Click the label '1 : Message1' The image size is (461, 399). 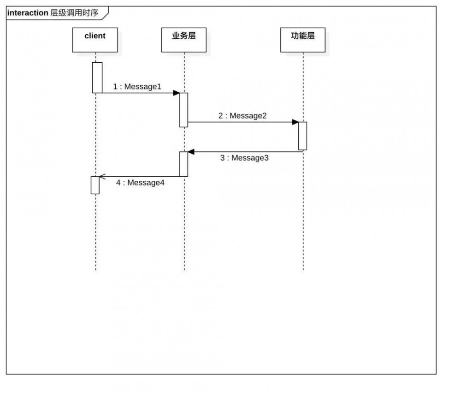(x=137, y=86)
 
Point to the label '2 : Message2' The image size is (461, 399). (x=242, y=115)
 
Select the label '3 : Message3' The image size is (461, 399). (x=244, y=158)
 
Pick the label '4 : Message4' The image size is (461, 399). (x=140, y=183)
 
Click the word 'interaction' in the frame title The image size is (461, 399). (x=28, y=13)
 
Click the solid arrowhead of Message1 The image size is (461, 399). (x=176, y=93)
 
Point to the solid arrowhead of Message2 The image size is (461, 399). (x=295, y=122)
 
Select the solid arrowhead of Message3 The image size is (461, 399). (x=191, y=152)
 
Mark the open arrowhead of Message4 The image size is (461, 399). (x=102, y=176)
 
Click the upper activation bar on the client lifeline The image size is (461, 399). (x=97, y=77)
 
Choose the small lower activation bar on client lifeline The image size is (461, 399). (x=95, y=185)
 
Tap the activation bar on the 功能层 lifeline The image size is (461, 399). (x=302, y=136)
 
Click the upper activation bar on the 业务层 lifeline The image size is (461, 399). (x=183, y=110)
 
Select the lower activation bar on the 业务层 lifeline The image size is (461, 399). (x=183, y=164)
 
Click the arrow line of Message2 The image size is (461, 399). (x=240, y=122)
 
